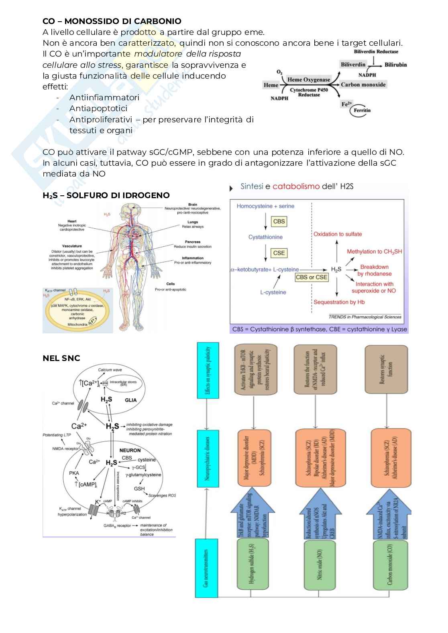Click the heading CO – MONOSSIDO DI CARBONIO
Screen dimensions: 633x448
click(112, 21)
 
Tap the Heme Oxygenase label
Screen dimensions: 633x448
click(309, 80)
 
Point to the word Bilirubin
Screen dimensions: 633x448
click(395, 65)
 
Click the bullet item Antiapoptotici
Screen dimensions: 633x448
click(98, 108)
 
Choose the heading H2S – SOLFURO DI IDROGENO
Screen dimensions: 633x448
click(106, 195)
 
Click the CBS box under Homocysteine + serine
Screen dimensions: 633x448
click(279, 221)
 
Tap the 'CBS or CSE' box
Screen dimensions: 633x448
click(312, 277)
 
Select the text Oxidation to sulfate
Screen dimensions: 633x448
click(338, 234)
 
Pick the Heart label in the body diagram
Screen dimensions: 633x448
click(72, 221)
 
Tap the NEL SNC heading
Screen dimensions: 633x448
click(61, 358)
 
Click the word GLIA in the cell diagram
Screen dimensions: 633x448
click(130, 400)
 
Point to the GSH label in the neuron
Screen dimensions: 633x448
click(139, 489)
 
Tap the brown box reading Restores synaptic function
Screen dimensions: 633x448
click(386, 375)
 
